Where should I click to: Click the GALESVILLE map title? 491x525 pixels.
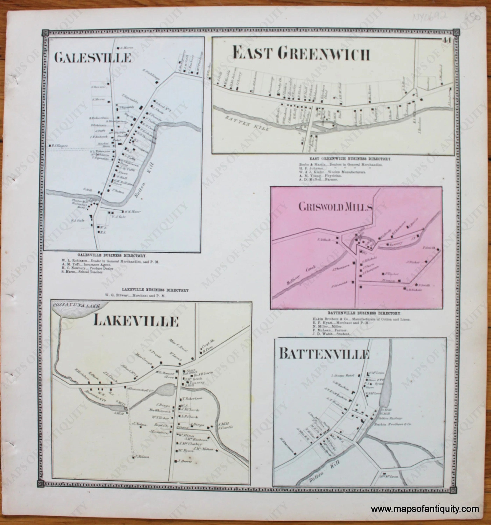pyautogui.click(x=93, y=58)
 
